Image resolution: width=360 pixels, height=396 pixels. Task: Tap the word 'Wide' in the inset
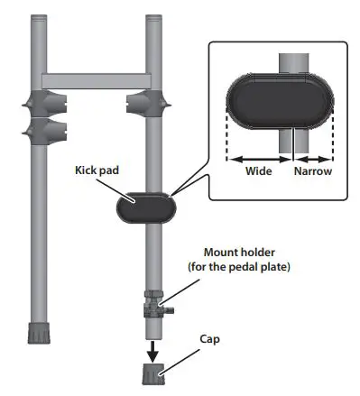tap(259, 170)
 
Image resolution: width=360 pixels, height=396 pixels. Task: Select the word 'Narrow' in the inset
tap(309, 170)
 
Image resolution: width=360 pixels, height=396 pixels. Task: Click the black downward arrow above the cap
tap(153, 345)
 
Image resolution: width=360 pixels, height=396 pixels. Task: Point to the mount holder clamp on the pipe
tap(154, 304)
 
